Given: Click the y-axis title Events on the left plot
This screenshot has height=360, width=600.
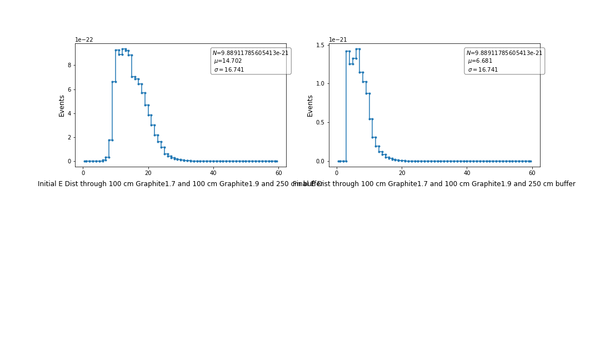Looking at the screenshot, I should (62, 106).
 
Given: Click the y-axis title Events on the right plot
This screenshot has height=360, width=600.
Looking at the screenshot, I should (310, 106).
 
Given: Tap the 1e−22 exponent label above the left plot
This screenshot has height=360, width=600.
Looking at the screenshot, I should (84, 40).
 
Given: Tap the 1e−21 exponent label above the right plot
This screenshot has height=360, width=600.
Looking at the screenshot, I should (338, 40).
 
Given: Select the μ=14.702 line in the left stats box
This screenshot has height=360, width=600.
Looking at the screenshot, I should (228, 61).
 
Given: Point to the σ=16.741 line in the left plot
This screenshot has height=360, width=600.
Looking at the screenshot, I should (229, 70).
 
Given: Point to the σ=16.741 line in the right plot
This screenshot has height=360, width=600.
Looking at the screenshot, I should (483, 70).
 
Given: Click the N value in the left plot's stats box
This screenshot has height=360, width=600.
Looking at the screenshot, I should (251, 53).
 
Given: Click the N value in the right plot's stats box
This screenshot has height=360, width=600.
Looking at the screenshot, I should (504, 53).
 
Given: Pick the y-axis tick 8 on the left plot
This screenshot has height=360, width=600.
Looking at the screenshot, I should (69, 65).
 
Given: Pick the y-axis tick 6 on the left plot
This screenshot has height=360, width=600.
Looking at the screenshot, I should (69, 89).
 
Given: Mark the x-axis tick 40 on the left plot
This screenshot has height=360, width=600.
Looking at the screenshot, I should (213, 173).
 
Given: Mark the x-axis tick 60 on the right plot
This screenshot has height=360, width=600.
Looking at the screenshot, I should (532, 173).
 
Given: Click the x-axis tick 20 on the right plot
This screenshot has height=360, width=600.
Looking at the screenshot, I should (402, 173).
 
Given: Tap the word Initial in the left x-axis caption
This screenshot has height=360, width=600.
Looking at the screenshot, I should (48, 184).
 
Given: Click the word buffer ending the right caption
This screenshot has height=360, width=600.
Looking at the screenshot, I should (563, 184).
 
